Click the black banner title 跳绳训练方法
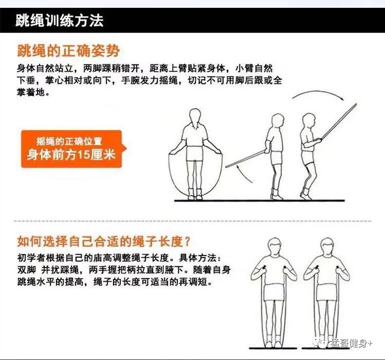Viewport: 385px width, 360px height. pos(59,20)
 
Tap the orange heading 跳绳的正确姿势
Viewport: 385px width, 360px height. pos(69,51)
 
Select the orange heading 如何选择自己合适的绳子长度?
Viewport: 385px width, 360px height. pos(104,241)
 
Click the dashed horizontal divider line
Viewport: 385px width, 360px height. pos(193,221)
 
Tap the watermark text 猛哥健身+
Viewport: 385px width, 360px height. pos(351,343)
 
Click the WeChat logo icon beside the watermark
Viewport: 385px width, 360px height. pos(320,343)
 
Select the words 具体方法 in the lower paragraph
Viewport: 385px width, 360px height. pos(198,258)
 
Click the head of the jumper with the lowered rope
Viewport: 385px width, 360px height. pos(278,120)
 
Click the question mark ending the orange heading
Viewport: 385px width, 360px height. pos(187,241)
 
